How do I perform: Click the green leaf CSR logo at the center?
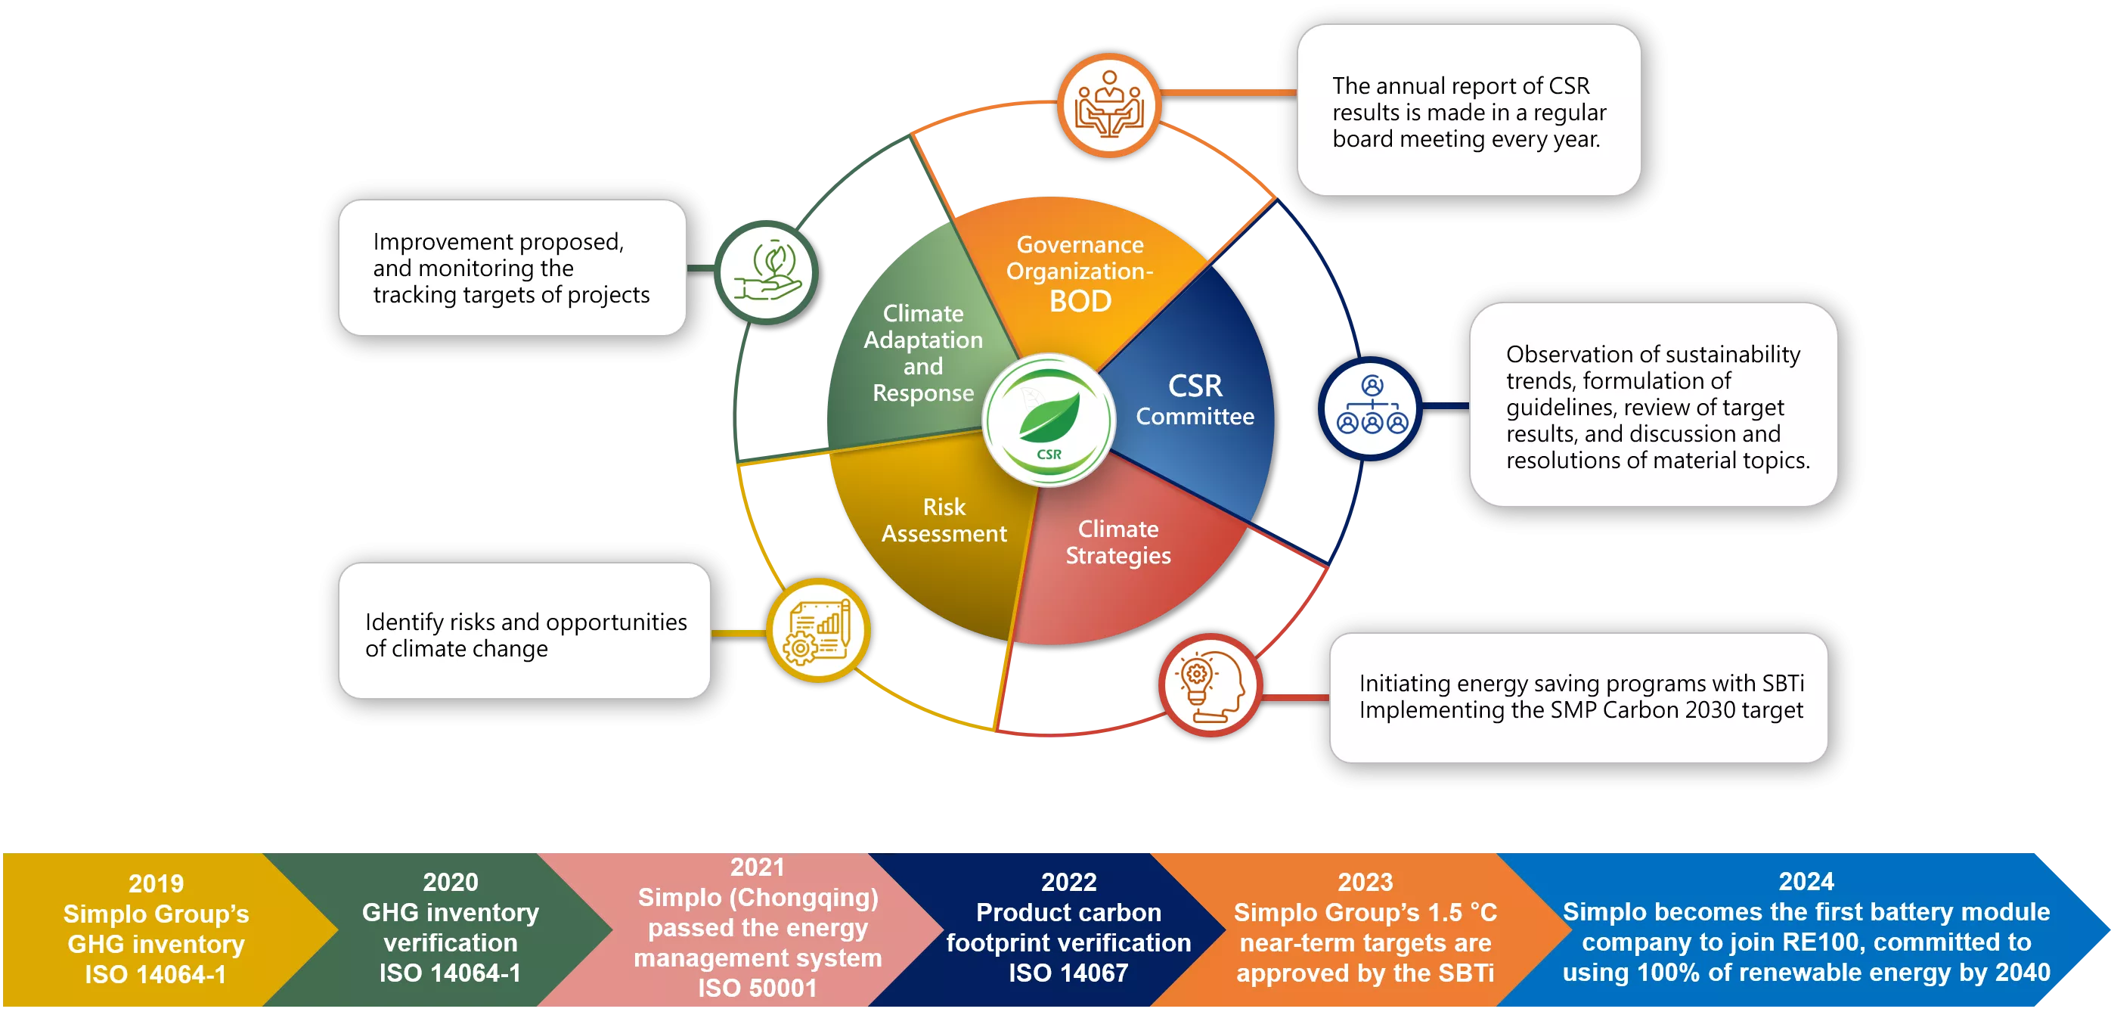[x=1048, y=420]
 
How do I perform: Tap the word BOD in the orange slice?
[x=1080, y=302]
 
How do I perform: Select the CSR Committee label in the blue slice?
[x=1194, y=400]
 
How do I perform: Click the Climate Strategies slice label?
[x=1117, y=542]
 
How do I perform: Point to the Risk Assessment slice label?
[x=944, y=520]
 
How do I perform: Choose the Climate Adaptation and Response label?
[x=922, y=352]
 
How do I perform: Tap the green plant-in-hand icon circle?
[x=765, y=272]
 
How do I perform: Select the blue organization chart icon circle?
[x=1371, y=408]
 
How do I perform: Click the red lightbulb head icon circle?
[x=1210, y=684]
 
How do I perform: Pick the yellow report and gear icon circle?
[x=817, y=630]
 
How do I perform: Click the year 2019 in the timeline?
[x=156, y=883]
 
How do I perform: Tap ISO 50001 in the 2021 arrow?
[x=757, y=988]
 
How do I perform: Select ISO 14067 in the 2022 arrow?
[x=1068, y=973]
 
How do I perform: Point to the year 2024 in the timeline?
[x=1806, y=881]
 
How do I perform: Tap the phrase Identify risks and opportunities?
[x=525, y=622]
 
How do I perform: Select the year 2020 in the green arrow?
[x=450, y=882]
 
